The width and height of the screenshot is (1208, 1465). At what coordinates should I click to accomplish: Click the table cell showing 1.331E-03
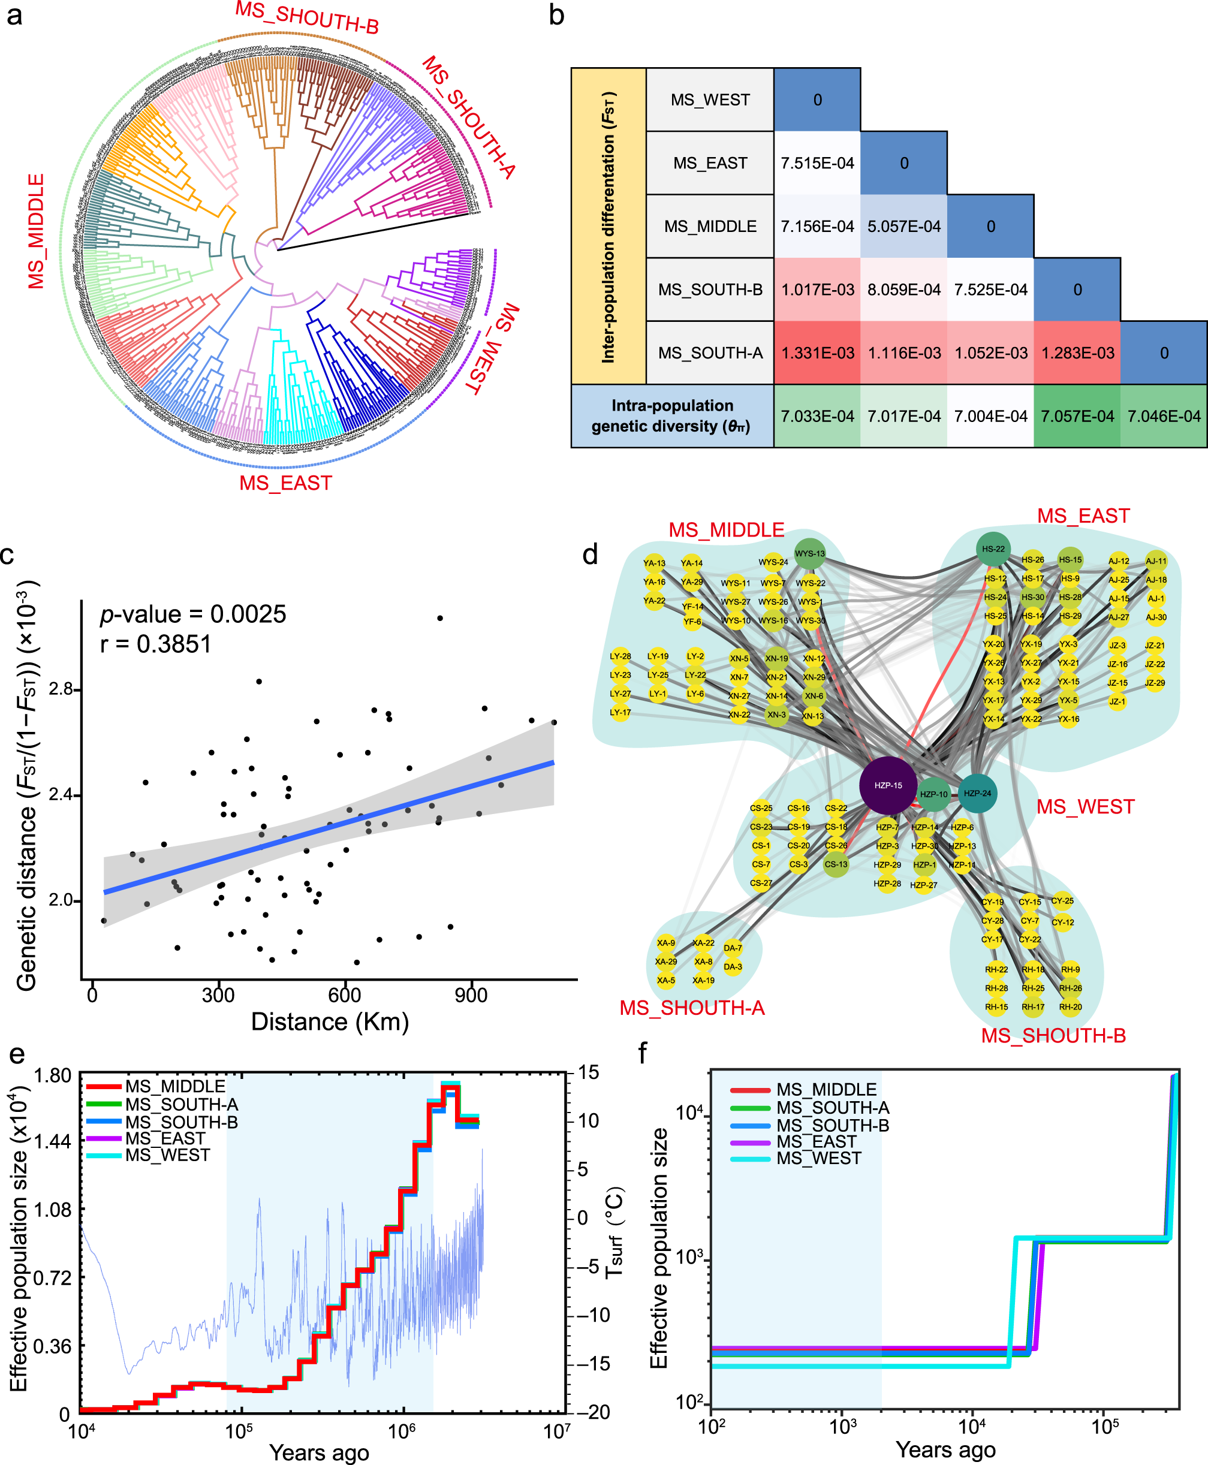click(x=817, y=352)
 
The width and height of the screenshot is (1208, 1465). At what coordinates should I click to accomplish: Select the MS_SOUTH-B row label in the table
click(x=710, y=290)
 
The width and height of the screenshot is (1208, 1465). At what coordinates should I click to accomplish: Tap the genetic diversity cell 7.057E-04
click(x=1077, y=416)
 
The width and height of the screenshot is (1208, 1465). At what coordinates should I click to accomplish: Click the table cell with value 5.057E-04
click(x=903, y=226)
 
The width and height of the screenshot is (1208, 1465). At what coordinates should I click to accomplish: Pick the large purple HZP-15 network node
click(x=888, y=785)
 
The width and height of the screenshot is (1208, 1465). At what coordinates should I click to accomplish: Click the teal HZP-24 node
click(x=977, y=793)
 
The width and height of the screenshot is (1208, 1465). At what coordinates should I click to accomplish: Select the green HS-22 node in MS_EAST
click(x=993, y=549)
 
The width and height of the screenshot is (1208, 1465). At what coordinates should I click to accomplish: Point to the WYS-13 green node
click(x=809, y=554)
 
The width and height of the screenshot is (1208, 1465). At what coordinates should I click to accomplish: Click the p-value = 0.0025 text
click(x=193, y=614)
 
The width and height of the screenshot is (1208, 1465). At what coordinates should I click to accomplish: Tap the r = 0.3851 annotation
click(x=155, y=644)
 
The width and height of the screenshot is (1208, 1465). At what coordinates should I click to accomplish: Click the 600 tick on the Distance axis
click(x=345, y=996)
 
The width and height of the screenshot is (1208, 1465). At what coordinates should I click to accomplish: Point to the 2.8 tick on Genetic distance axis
click(x=61, y=689)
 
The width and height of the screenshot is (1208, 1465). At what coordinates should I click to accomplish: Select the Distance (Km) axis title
click(x=329, y=1022)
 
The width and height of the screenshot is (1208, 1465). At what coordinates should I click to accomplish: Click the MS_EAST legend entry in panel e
click(x=165, y=1139)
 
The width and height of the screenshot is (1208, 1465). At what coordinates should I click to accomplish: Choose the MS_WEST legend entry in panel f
click(x=818, y=1158)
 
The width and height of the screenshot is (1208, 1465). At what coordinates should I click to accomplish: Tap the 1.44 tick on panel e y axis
click(x=53, y=1141)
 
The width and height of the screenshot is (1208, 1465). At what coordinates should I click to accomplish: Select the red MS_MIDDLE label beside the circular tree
click(x=36, y=231)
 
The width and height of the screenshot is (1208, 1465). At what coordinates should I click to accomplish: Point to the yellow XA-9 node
click(x=665, y=942)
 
